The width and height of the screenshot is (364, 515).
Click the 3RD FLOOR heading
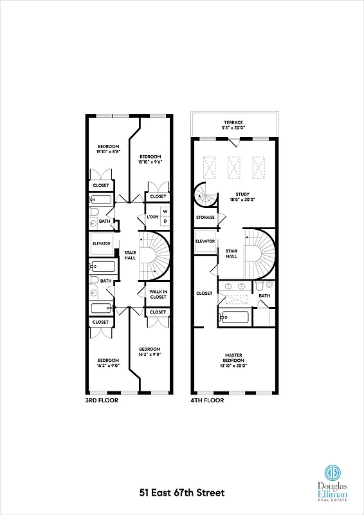tap(102, 400)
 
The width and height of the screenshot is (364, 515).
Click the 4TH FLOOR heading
tap(206, 400)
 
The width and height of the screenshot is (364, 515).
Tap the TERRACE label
tap(233, 122)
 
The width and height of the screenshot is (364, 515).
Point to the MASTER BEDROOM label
tap(233, 357)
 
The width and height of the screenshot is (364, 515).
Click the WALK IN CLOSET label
tap(158, 295)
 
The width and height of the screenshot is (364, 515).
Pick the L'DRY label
tap(152, 216)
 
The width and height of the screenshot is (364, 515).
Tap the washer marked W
tap(165, 211)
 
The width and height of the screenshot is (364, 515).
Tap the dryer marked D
tap(165, 221)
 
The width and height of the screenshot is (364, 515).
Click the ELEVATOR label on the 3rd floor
tap(102, 243)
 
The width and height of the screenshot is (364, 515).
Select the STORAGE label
tap(205, 218)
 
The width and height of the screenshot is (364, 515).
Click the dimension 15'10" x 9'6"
tap(149, 162)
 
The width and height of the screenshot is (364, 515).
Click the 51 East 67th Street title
tap(181, 493)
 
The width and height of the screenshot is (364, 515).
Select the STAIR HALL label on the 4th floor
tap(231, 253)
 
